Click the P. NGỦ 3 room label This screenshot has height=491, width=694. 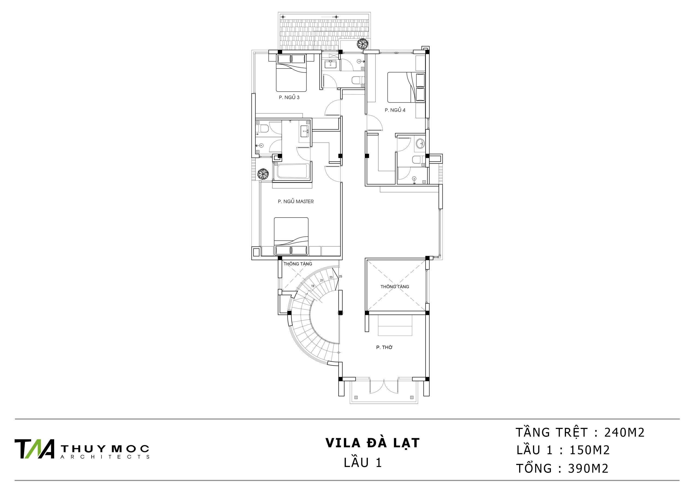[289, 97]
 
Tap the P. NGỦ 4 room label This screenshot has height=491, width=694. [395, 110]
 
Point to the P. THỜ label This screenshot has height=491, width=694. [384, 347]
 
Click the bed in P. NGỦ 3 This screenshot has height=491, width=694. [291, 73]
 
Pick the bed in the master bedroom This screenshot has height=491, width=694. [291, 236]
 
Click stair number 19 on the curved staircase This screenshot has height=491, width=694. [313, 286]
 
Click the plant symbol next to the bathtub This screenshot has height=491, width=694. [263, 174]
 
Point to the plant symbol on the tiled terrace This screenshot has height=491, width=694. [362, 44]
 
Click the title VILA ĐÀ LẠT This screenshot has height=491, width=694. [372, 443]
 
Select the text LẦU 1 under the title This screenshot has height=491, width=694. [363, 463]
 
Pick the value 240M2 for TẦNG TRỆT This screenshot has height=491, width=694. [625, 433]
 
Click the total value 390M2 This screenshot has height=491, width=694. [588, 468]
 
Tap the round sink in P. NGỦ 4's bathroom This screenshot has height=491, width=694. [420, 144]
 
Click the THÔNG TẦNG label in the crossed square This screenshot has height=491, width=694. [395, 287]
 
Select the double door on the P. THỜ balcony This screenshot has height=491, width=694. [384, 386]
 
